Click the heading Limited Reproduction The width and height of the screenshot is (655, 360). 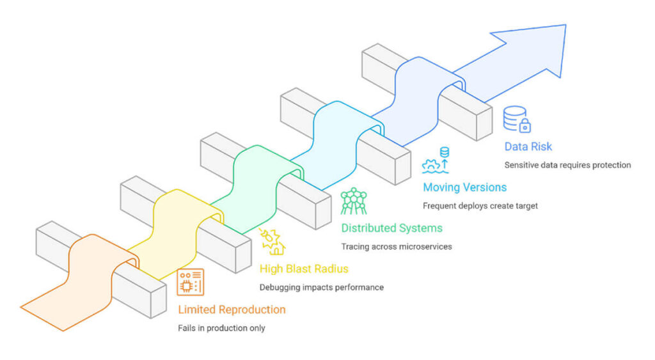click(x=232, y=309)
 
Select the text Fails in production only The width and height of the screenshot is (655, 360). click(x=221, y=328)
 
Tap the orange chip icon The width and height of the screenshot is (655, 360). click(x=190, y=282)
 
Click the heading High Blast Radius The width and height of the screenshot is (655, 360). click(x=304, y=269)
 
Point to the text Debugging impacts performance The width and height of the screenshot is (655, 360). click(x=321, y=287)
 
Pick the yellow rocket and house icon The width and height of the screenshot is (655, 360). click(x=272, y=242)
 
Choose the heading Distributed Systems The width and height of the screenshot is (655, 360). click(x=391, y=228)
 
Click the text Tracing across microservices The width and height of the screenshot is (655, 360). click(x=397, y=246)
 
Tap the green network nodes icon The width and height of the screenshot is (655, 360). click(x=353, y=201)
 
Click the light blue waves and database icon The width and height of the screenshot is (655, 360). click(x=436, y=160)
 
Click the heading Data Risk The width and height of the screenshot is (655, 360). click(x=528, y=146)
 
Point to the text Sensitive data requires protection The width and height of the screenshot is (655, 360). click(x=567, y=165)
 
